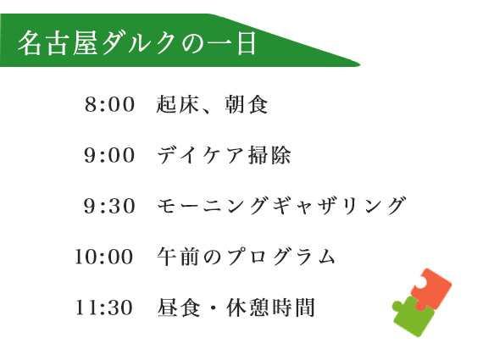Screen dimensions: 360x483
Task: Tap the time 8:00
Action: point(110,105)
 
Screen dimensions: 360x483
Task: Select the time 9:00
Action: point(110,156)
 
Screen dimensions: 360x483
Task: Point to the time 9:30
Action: point(110,206)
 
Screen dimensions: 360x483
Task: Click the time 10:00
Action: point(104,257)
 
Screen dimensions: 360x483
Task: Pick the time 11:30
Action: point(104,307)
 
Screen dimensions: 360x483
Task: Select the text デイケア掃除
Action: point(225,156)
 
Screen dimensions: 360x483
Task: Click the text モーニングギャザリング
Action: point(282,206)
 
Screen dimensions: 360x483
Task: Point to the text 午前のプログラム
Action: point(247,257)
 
